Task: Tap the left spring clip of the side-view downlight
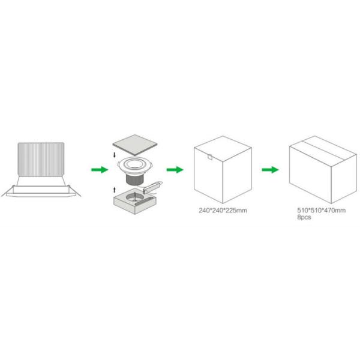11,190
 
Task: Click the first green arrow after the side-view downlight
99,170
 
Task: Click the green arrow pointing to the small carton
175,170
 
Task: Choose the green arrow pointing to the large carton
271,170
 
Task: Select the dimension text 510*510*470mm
322,211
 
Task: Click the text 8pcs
304,217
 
